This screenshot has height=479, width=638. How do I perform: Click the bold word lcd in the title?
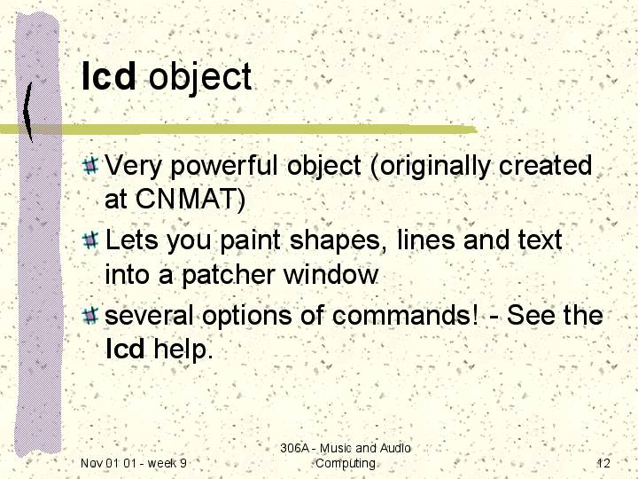click(x=108, y=75)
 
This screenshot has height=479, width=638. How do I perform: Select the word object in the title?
click(x=200, y=78)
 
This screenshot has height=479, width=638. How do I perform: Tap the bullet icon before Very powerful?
click(x=89, y=165)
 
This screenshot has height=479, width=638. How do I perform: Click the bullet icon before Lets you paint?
click(x=89, y=239)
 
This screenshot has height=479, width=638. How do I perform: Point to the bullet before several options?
click(x=89, y=315)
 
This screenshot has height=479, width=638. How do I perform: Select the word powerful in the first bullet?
click(x=224, y=166)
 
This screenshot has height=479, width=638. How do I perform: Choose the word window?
click(x=331, y=274)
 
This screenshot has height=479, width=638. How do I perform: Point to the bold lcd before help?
click(x=125, y=349)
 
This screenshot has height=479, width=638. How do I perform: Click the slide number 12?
click(x=603, y=463)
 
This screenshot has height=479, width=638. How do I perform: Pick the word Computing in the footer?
click(x=346, y=464)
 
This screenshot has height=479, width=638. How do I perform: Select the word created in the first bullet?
click(x=545, y=165)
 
